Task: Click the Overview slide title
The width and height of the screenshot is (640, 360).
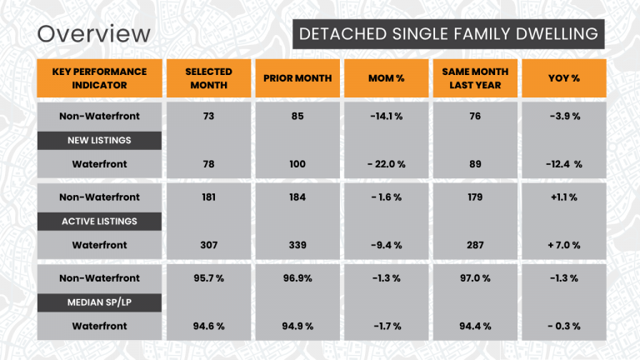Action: coord(94,34)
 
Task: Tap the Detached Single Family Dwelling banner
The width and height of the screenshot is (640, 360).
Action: coord(447,34)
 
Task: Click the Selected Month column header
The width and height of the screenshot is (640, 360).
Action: coord(208,78)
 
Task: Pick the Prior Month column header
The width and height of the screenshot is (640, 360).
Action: coord(297,78)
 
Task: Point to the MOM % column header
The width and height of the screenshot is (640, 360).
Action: coord(386,78)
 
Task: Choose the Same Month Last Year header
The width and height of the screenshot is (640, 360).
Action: coord(474,78)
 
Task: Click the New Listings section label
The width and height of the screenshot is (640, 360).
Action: coord(99,140)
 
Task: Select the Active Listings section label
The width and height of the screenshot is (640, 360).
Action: coord(99,221)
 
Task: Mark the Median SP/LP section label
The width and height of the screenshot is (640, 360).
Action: coord(99,302)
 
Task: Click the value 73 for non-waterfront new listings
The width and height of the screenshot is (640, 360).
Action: coord(208,116)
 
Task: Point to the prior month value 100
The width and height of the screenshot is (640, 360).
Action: coord(297,164)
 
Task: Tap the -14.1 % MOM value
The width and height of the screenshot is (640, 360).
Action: coord(386,116)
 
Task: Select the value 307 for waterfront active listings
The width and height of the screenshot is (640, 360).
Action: coord(208,245)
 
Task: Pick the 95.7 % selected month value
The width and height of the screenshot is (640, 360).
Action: coord(208,277)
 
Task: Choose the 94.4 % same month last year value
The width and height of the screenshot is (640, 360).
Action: coord(474,326)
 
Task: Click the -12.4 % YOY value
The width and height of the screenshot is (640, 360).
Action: coord(563,164)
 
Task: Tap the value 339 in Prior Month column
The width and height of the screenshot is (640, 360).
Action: coord(297,245)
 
